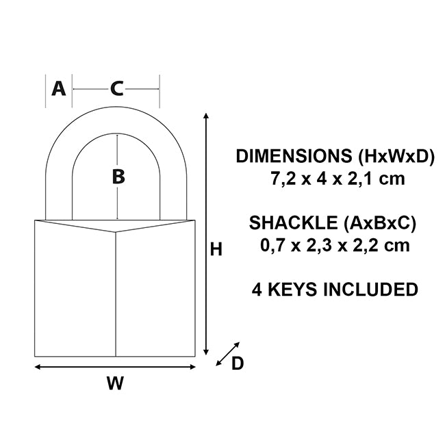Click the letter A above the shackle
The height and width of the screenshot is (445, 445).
(59, 88)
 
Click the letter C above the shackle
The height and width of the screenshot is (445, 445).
(117, 88)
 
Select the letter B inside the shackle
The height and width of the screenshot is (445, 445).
(118, 177)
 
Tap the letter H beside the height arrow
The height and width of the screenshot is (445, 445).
(216, 251)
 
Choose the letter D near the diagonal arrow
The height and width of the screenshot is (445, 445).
(238, 364)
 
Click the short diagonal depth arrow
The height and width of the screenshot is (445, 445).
(227, 353)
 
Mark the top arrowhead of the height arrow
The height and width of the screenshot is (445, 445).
(206, 118)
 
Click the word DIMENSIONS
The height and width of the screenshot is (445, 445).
(294, 156)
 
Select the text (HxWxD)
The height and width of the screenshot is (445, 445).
(397, 156)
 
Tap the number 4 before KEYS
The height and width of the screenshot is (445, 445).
(256, 290)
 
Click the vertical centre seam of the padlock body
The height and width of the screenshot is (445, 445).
(116, 294)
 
